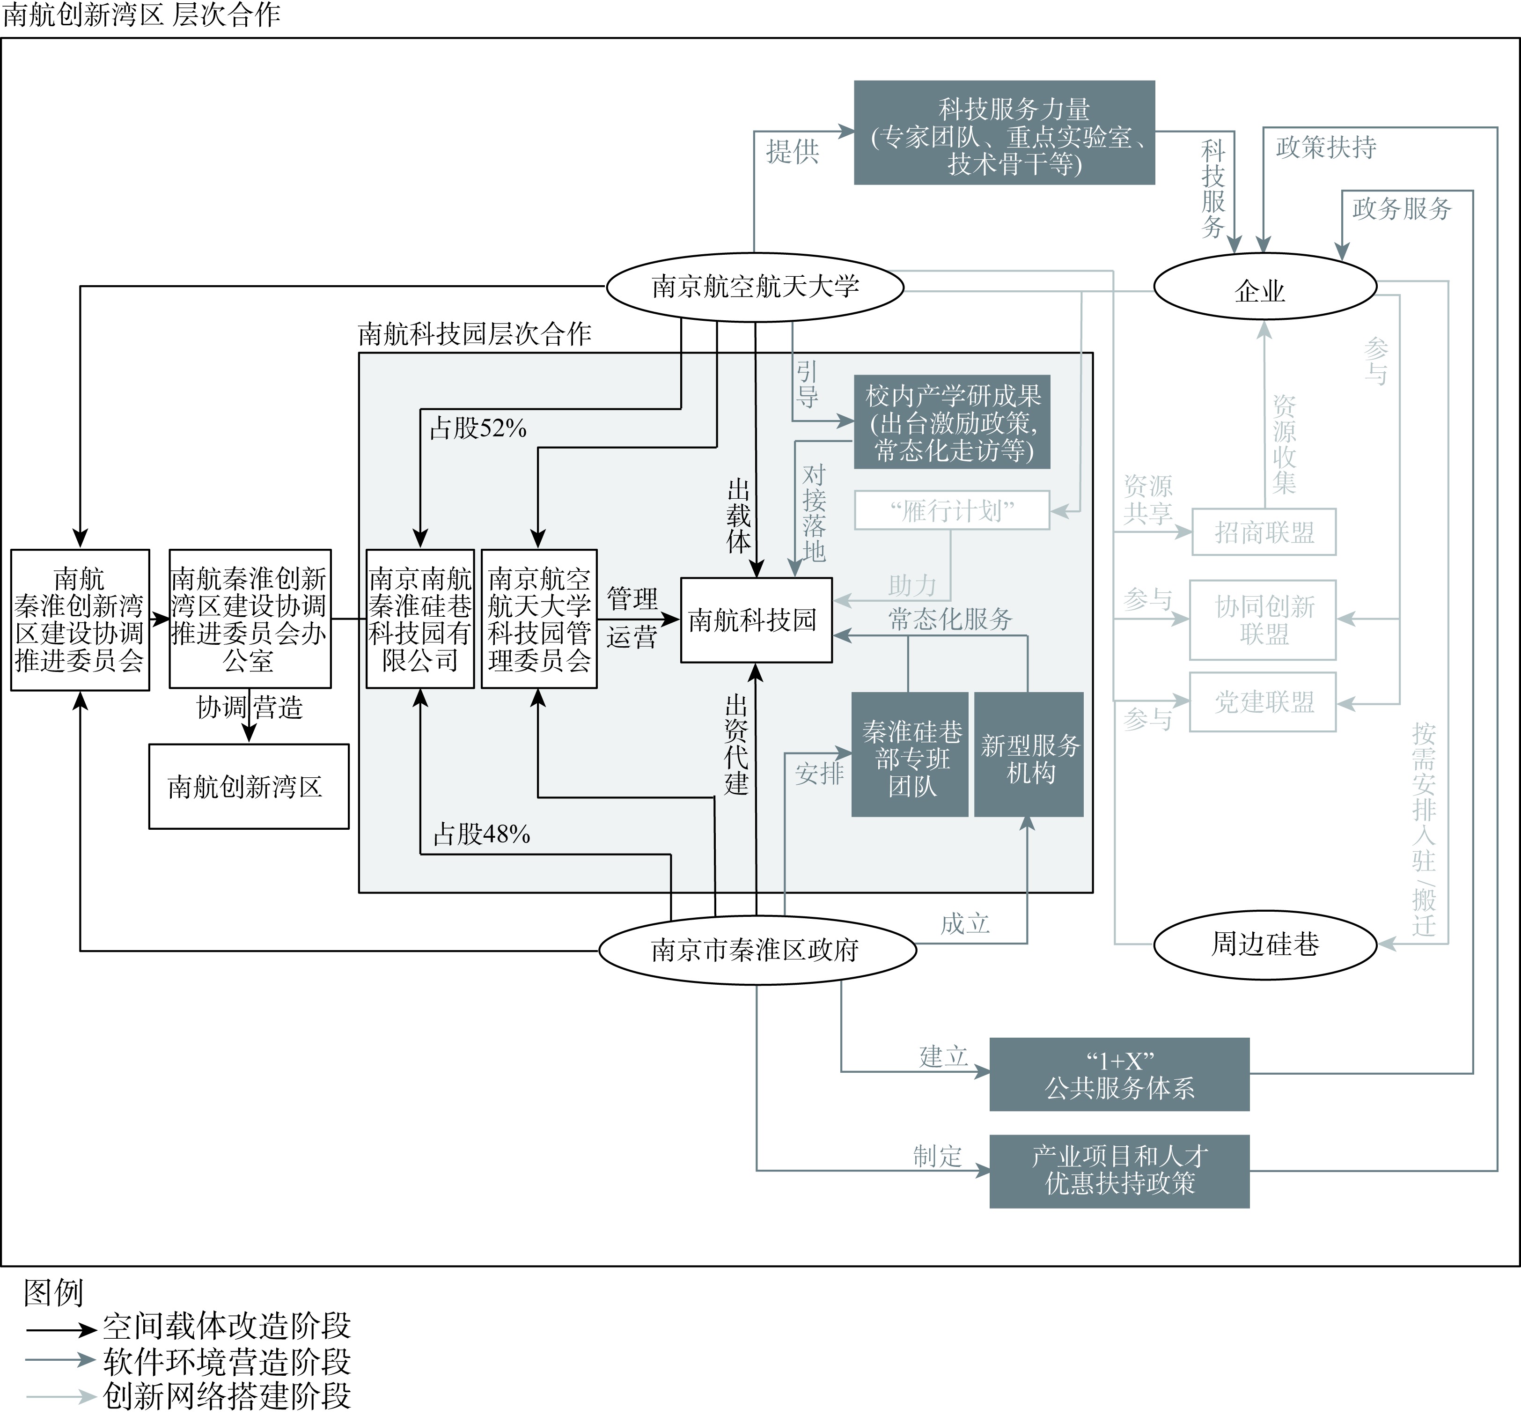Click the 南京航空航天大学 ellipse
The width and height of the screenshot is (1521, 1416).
755,287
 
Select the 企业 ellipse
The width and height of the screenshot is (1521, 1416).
1265,287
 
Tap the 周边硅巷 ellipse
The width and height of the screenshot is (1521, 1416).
1265,944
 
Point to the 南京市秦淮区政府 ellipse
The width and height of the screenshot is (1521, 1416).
757,950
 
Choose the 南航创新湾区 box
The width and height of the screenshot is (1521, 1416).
249,786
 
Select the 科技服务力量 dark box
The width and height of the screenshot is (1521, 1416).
1004,133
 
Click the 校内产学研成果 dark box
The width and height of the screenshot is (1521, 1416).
952,422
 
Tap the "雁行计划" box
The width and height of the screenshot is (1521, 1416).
952,510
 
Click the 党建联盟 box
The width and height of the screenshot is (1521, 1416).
1263,702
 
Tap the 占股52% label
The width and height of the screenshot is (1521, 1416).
478,428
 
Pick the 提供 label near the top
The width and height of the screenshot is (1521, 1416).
792,151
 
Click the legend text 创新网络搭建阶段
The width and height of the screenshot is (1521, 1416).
227,1396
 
